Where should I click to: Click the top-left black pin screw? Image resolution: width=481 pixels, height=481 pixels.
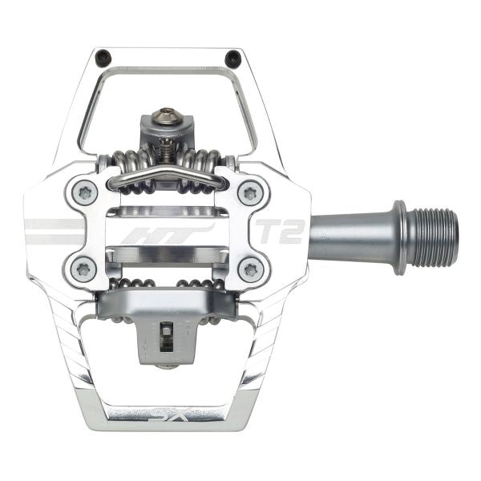(103, 58)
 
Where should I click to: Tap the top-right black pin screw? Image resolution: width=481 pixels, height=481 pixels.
(232, 58)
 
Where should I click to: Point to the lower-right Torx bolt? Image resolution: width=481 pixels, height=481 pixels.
(250, 268)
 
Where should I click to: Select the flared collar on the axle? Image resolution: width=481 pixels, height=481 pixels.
(399, 237)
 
